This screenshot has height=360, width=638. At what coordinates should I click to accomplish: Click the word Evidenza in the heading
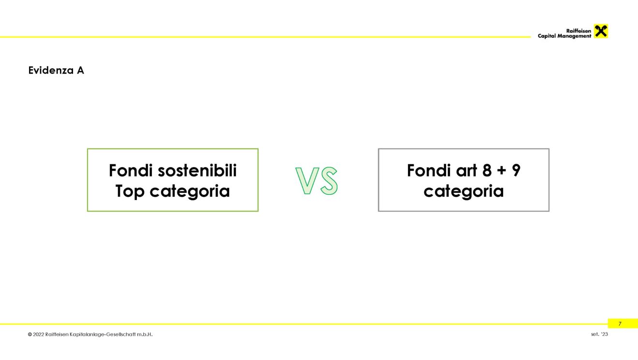[x=51, y=70]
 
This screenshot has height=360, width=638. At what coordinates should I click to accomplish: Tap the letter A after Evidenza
[x=80, y=70]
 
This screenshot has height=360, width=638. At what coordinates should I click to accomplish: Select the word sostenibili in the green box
[x=197, y=170]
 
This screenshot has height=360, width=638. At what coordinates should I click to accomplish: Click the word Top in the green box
[x=130, y=191]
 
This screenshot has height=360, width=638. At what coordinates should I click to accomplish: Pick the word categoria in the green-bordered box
[x=189, y=191]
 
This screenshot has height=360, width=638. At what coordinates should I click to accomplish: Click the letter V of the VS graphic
[x=307, y=181]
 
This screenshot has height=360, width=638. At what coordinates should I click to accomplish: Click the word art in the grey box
[x=466, y=171]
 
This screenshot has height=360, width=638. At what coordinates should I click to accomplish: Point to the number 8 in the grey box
[x=487, y=170]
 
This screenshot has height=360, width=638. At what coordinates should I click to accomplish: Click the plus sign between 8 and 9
[x=502, y=171]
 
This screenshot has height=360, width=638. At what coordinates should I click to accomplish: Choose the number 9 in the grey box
[x=516, y=170]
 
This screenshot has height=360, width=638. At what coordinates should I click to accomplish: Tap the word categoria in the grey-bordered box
[x=464, y=191]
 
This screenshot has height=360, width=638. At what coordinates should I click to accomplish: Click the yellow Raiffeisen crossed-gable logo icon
[x=601, y=31]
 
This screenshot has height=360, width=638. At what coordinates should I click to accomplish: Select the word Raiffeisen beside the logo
[x=579, y=31]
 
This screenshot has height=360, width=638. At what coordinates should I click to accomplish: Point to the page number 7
[x=620, y=324]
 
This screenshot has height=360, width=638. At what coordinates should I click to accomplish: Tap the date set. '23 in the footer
[x=599, y=334]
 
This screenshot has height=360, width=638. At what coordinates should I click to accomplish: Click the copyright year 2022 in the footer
[x=39, y=334]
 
